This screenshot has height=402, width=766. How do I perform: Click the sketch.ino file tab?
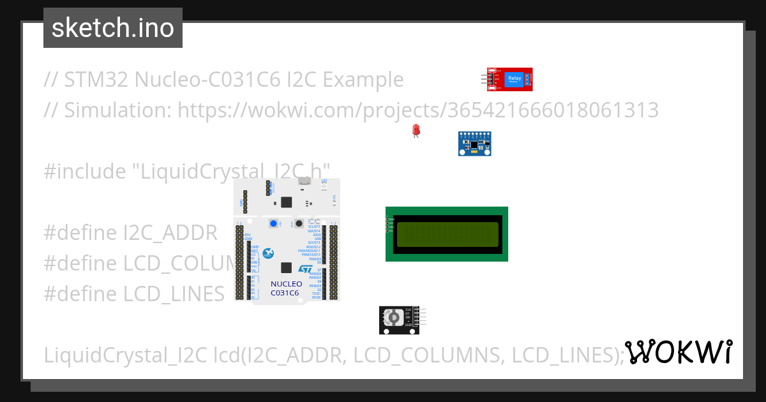point(113,28)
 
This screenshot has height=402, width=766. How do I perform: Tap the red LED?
point(416,130)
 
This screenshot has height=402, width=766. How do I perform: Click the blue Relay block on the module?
point(514,80)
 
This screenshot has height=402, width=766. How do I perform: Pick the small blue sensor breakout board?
point(475,144)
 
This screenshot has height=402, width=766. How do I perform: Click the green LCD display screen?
point(447,234)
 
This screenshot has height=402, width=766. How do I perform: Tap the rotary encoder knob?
point(394,318)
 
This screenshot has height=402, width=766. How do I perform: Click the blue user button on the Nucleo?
point(274,223)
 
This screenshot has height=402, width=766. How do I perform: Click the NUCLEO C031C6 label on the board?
point(285,288)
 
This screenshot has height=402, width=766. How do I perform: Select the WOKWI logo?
point(678,352)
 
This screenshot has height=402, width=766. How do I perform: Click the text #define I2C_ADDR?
point(131,233)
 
